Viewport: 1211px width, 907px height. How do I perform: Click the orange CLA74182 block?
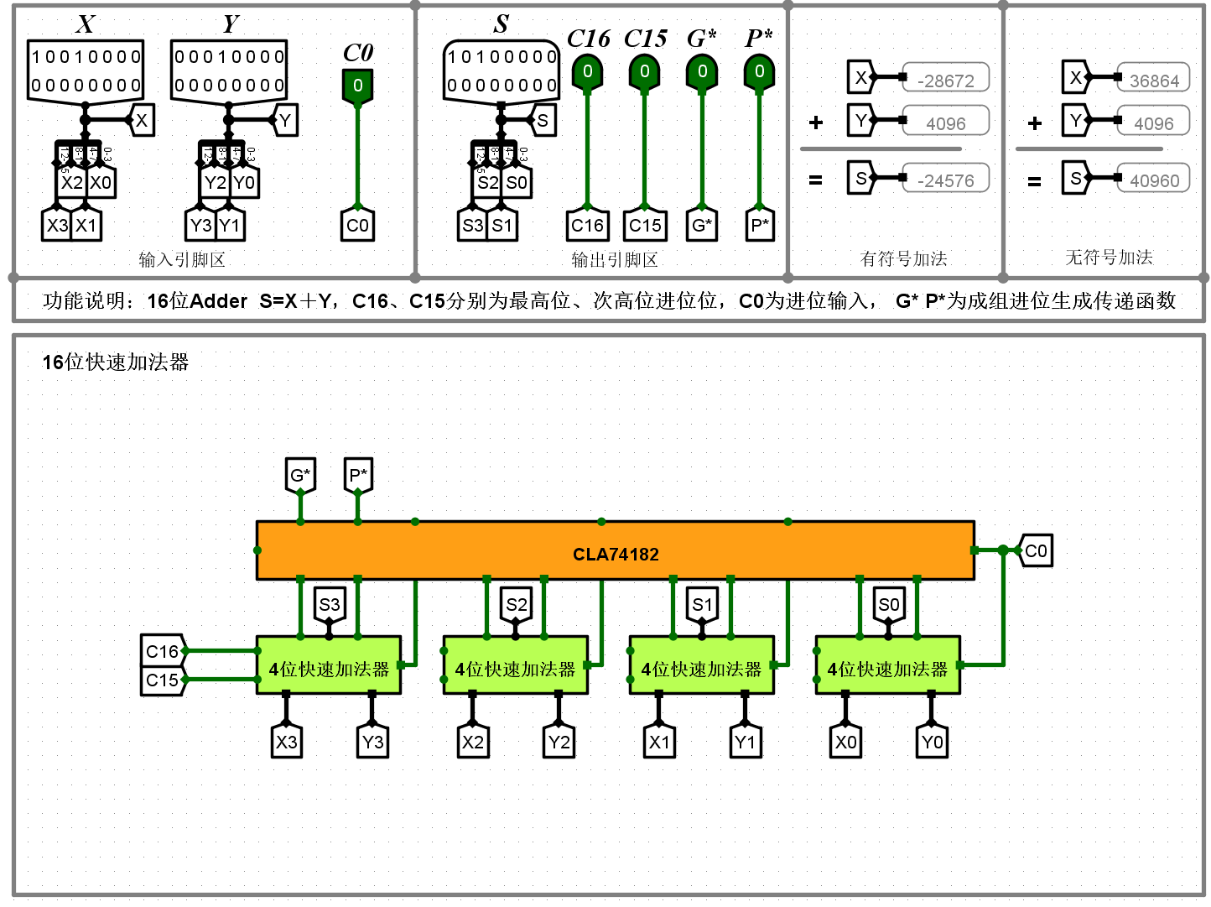(615, 551)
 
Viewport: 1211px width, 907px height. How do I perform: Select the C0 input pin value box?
(357, 86)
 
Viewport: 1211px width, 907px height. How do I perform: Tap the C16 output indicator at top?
(587, 72)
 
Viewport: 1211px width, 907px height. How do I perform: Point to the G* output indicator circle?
(702, 72)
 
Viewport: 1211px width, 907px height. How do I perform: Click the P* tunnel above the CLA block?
(358, 476)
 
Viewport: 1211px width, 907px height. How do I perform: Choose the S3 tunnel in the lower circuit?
(329, 605)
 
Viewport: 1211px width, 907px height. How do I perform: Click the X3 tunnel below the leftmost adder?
(287, 742)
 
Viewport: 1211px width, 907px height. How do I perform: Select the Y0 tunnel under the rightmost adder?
(932, 742)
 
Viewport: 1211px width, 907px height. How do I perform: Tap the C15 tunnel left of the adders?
(163, 680)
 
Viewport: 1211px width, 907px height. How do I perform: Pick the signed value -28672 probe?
(945, 81)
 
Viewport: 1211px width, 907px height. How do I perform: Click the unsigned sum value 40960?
(1154, 180)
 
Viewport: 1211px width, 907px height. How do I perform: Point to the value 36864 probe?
(1154, 81)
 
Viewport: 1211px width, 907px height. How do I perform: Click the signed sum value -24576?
(945, 180)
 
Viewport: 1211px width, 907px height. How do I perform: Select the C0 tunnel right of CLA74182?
(1036, 551)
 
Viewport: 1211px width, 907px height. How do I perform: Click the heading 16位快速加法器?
(116, 362)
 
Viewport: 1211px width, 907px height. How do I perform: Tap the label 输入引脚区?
(182, 260)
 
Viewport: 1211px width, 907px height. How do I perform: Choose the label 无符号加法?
(1109, 258)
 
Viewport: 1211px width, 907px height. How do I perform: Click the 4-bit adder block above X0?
(887, 669)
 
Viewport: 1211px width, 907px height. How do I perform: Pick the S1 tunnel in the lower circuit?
(702, 605)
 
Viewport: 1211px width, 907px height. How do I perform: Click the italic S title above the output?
(501, 23)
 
